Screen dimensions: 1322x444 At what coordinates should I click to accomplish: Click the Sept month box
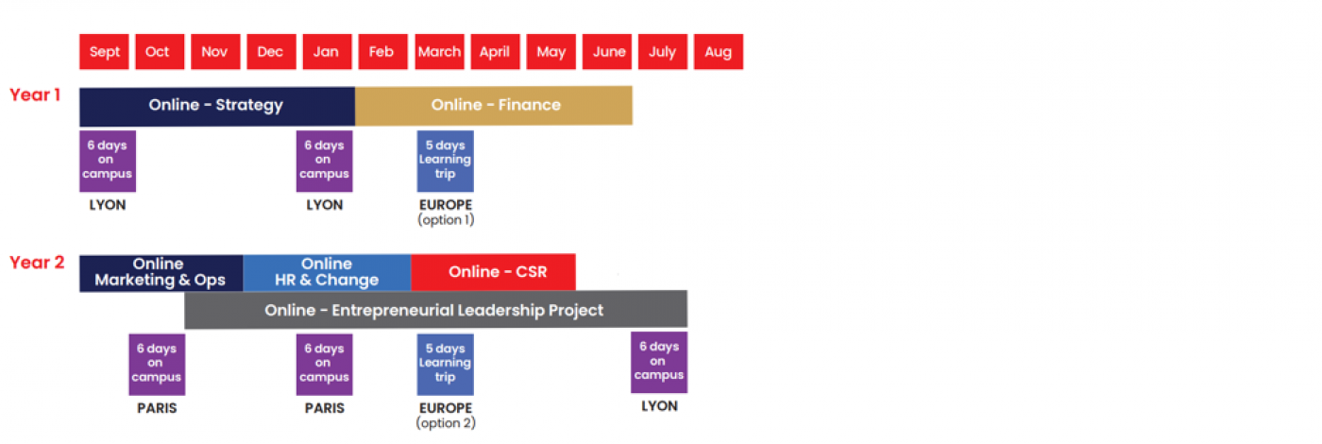104,52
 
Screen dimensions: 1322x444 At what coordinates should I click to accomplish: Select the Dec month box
271,52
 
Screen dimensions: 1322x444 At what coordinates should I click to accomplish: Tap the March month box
439,52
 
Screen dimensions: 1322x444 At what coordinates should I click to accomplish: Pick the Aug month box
719,52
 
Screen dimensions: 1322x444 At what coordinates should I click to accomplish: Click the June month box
606,52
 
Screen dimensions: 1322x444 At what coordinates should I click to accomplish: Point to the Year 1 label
35,95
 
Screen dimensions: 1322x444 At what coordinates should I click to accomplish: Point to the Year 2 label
37,263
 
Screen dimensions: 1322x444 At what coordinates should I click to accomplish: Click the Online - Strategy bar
217,106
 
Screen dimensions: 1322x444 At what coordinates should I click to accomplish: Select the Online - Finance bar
493,106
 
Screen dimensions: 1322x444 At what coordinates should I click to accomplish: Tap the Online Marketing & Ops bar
161,273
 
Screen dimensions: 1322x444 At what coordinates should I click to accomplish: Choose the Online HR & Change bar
327,273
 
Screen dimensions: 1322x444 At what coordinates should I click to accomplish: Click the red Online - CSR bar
493,272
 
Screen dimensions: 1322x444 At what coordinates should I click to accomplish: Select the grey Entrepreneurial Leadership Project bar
435,310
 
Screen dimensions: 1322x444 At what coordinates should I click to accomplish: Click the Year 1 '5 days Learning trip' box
445,162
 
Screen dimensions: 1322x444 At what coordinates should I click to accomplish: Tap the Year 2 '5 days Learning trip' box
445,365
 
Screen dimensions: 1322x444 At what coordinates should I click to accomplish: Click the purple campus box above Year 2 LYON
659,363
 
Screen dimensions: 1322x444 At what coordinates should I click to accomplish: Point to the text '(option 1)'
446,220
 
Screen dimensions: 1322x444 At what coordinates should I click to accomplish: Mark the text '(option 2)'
446,423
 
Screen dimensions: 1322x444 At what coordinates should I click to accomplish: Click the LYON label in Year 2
659,406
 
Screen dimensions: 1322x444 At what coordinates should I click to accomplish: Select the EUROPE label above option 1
446,205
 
